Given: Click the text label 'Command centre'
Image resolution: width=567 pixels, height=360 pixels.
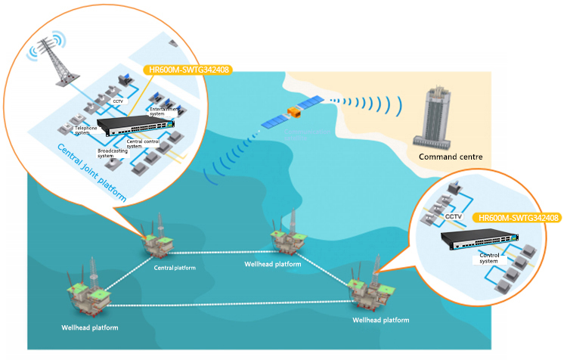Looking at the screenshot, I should [x=451, y=157].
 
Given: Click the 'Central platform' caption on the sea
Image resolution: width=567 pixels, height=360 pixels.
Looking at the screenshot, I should [x=175, y=268].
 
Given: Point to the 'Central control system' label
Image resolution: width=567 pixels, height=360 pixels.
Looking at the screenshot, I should [x=144, y=144].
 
